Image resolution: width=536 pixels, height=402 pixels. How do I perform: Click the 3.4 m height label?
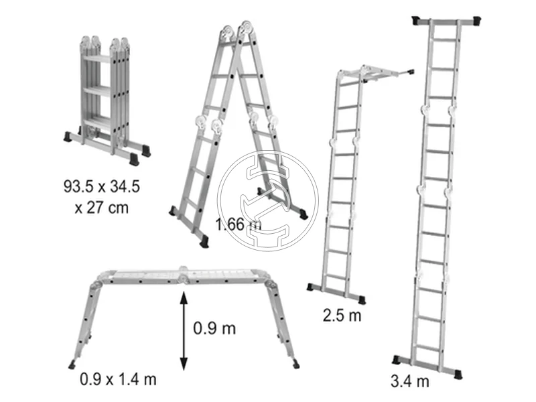(410, 381)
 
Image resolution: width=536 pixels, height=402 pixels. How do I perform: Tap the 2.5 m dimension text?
(342, 315)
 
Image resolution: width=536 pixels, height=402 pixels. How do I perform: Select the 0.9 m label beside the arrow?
(214, 328)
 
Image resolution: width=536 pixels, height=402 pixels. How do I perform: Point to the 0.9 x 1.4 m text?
(119, 379)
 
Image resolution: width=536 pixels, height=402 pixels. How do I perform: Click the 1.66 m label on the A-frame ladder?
(239, 224)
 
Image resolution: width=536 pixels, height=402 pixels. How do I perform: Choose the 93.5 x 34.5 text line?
(102, 186)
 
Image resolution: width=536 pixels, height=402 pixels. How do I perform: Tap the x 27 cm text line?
(102, 208)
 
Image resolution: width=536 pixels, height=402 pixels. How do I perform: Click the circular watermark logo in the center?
(268, 201)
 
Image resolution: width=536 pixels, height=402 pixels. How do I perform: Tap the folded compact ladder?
(107, 100)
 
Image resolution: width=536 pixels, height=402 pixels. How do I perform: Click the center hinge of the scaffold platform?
(184, 275)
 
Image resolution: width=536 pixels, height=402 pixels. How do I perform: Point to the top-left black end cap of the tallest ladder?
(416, 21)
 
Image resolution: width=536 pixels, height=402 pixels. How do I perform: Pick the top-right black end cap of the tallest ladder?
(476, 21)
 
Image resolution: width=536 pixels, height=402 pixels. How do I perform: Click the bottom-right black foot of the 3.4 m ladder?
(458, 374)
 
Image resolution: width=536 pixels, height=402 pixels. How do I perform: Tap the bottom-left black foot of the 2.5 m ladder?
(311, 287)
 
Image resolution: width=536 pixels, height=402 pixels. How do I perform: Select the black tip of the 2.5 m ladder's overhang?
(411, 72)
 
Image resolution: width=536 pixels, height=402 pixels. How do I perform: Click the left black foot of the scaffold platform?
(72, 365)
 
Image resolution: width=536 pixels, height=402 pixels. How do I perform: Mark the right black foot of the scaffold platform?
(295, 364)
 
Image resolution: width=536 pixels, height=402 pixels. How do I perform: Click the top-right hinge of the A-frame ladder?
(247, 28)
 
